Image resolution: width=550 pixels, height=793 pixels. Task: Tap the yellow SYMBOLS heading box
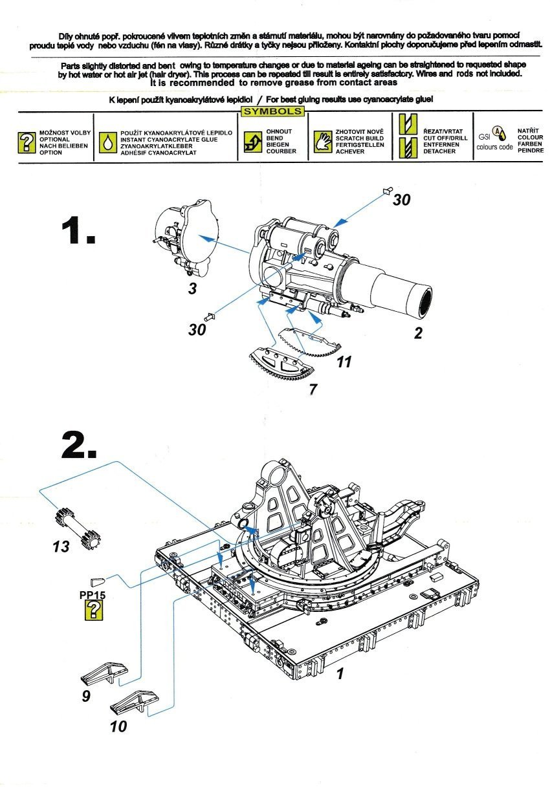coord(272,111)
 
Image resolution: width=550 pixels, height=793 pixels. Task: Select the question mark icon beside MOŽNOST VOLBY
coord(26,142)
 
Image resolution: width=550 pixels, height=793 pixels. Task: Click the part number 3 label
coord(192,288)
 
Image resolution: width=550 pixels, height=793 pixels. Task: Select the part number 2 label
coord(418,333)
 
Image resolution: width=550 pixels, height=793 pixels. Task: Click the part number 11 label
coord(344,362)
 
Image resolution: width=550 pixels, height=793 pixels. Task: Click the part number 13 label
coord(60,547)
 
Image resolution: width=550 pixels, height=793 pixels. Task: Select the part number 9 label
coord(86,696)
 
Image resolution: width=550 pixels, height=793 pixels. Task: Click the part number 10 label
coord(118,726)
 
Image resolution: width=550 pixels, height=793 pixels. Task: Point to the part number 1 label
coord(340,673)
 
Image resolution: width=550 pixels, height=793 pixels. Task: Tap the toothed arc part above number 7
coord(281,365)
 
